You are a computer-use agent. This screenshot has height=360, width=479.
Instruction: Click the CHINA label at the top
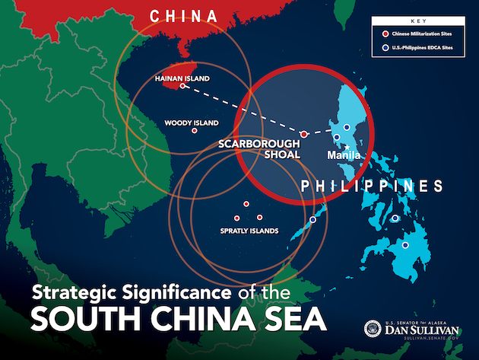[x=183, y=15]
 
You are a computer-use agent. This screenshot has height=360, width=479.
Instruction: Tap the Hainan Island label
[x=182, y=78]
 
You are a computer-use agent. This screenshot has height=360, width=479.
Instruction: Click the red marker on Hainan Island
[x=182, y=87]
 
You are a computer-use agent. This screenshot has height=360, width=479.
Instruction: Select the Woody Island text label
[x=191, y=123]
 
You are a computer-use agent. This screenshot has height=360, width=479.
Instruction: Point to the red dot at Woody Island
[x=195, y=131]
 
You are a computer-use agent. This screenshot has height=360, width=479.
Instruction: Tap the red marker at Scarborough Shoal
[x=303, y=134]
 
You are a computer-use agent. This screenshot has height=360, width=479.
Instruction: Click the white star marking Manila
[x=346, y=147]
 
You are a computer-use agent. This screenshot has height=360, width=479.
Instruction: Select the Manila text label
[x=344, y=155]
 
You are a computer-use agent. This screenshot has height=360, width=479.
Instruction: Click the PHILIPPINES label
[x=372, y=186]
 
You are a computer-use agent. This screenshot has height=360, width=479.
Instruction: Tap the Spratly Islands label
[x=249, y=231]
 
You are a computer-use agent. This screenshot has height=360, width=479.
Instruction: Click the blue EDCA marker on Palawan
[x=312, y=220]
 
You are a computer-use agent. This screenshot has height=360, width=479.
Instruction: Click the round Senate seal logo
[x=375, y=327]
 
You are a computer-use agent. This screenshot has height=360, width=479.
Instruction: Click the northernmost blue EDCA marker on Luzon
[x=347, y=127]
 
